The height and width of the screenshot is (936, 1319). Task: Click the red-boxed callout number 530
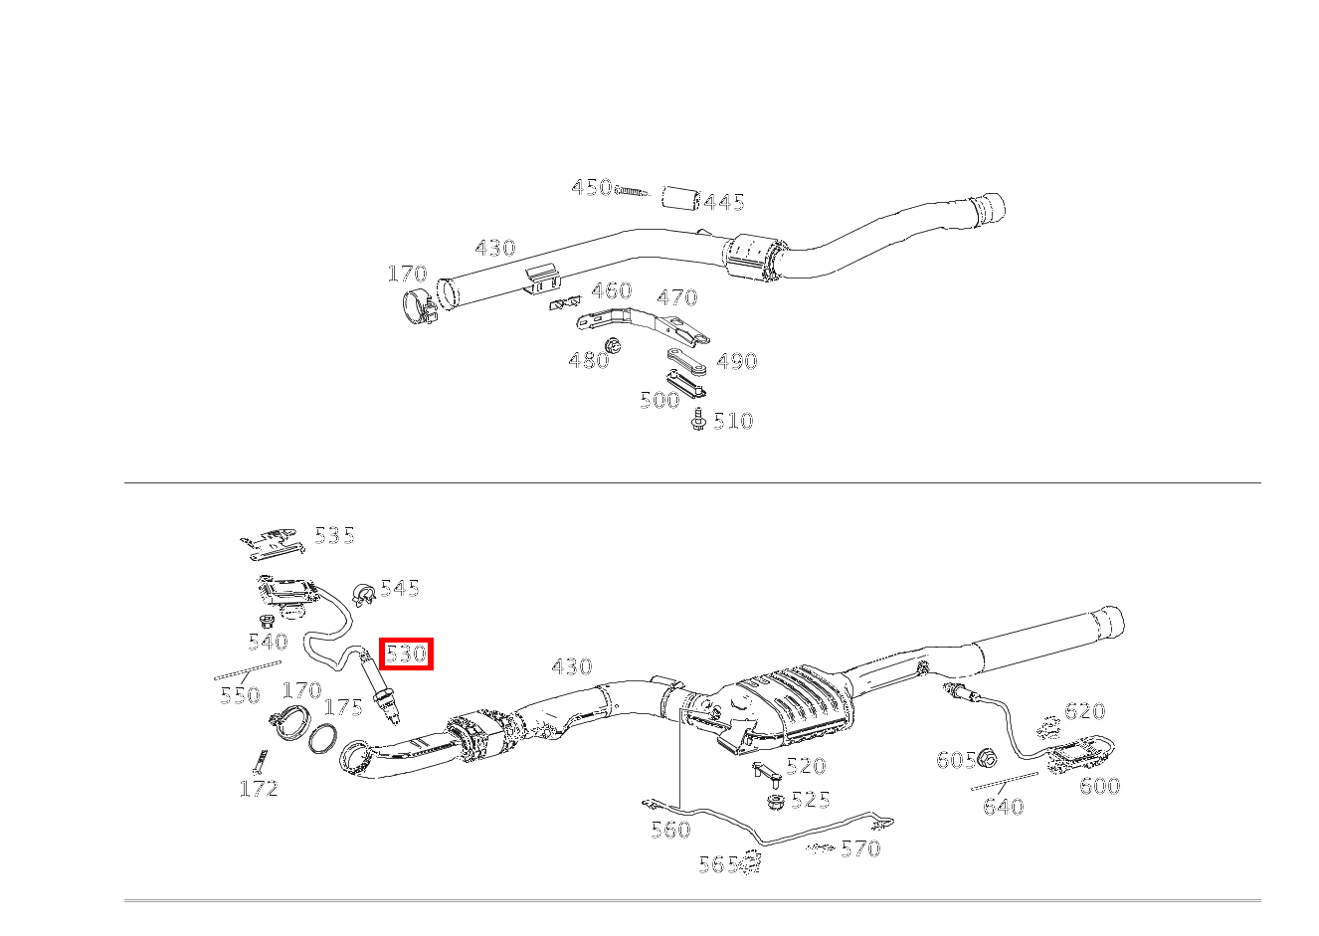tap(406, 654)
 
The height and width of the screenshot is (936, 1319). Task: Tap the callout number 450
tap(591, 187)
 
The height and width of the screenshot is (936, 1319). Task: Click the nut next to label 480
tap(614, 345)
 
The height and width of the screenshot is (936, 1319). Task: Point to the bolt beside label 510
tap(698, 420)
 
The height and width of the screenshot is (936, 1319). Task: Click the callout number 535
tap(334, 535)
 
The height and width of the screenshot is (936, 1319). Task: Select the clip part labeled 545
tap(363, 594)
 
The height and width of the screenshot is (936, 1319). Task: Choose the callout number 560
tap(670, 830)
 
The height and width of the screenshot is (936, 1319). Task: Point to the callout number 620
tap(1084, 711)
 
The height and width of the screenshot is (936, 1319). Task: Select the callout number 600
tap(1099, 786)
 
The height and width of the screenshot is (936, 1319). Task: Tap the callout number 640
tap(1003, 807)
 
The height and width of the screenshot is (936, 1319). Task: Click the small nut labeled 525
tap(773, 801)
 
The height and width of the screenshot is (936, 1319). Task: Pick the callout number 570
tap(860, 848)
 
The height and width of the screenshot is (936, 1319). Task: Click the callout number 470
tap(677, 296)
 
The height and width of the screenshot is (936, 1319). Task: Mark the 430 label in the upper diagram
tap(494, 248)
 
